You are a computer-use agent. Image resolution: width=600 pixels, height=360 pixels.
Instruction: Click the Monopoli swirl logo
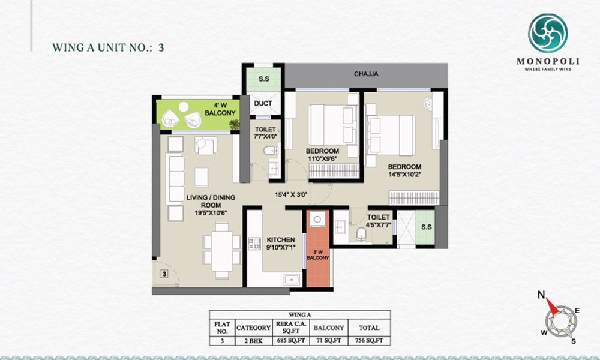[x=548, y=33]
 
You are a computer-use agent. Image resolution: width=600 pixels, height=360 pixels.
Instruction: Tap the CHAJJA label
[x=366, y=74]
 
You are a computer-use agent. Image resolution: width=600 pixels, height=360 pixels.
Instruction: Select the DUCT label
[x=263, y=103]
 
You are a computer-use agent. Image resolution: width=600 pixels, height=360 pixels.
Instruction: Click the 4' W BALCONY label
[x=220, y=109]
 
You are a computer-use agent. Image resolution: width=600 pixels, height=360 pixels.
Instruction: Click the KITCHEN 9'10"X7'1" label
[x=280, y=244]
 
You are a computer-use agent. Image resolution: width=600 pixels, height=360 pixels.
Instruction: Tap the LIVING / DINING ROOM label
[x=211, y=205]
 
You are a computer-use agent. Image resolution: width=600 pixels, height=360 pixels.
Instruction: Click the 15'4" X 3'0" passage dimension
[x=291, y=194]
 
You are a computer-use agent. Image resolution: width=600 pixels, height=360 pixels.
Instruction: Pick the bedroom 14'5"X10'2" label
[x=404, y=170]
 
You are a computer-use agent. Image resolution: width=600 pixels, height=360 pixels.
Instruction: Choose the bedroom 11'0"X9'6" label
[x=322, y=155]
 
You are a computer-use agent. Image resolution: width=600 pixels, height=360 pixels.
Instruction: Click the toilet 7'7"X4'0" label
[x=265, y=133]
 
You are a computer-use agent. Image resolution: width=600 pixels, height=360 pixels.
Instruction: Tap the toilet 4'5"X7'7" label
[x=379, y=221]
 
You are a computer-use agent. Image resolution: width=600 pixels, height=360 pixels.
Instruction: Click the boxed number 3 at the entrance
[x=164, y=274]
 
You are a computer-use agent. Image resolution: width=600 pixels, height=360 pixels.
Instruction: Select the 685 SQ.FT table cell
[x=291, y=340]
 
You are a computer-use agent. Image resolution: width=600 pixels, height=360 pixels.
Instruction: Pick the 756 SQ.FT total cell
[x=369, y=340]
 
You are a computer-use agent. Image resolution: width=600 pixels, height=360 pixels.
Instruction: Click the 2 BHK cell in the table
[x=253, y=340]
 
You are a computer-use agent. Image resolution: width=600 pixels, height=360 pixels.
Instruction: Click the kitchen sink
[x=293, y=280]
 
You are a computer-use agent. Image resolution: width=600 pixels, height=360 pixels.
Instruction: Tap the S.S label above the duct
[x=263, y=79]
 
